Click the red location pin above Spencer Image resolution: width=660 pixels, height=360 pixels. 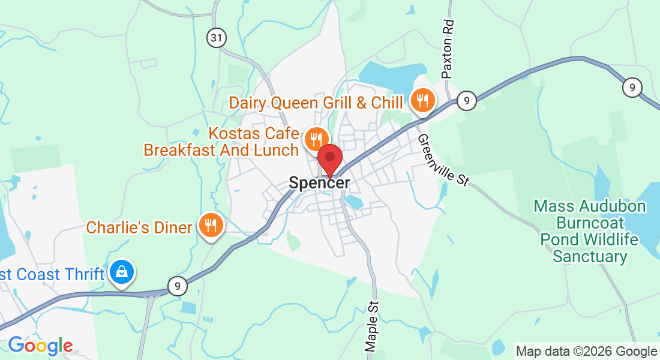click(x=329, y=159)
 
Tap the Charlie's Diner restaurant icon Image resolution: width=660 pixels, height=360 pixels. click(x=211, y=226)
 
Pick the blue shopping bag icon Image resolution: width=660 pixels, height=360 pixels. click(x=122, y=273)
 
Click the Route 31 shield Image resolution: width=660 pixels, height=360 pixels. click(x=217, y=38)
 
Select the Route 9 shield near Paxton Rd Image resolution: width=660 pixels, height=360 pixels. click(x=467, y=101)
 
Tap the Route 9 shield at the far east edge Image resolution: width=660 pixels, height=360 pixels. click(x=632, y=88)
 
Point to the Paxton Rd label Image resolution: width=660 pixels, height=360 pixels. click(x=446, y=52)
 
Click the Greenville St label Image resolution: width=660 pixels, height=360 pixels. click(x=443, y=159)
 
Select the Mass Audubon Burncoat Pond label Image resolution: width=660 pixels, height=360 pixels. click(x=590, y=232)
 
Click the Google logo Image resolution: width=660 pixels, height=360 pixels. click(x=40, y=346)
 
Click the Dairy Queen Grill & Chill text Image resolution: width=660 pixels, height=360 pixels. click(x=316, y=103)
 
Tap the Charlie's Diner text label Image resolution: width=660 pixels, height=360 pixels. click(x=139, y=227)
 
